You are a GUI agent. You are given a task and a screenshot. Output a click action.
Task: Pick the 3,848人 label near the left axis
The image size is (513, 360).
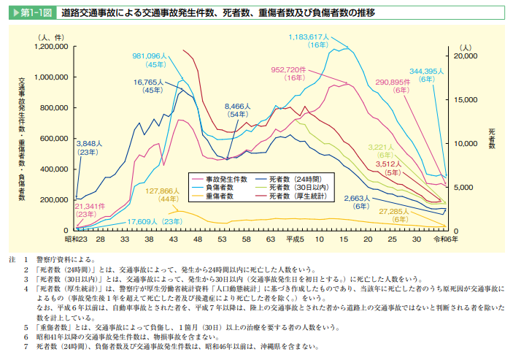91,143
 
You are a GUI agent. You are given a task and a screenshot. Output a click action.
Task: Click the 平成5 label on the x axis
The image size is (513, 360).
295,239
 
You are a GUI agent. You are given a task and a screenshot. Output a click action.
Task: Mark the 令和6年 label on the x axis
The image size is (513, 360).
446,239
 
